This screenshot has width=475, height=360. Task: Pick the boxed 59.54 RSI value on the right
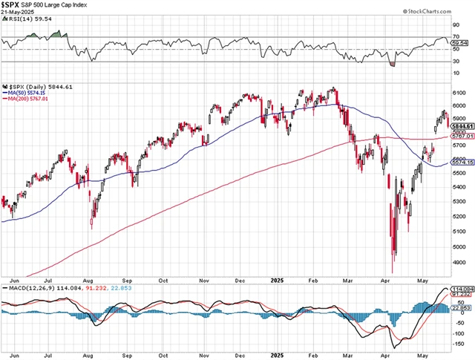pyautogui.click(x=461, y=45)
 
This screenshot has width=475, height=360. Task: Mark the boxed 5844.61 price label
pyautogui.click(x=462, y=127)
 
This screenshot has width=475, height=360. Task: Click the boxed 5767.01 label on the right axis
pyautogui.click(x=462, y=137)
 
